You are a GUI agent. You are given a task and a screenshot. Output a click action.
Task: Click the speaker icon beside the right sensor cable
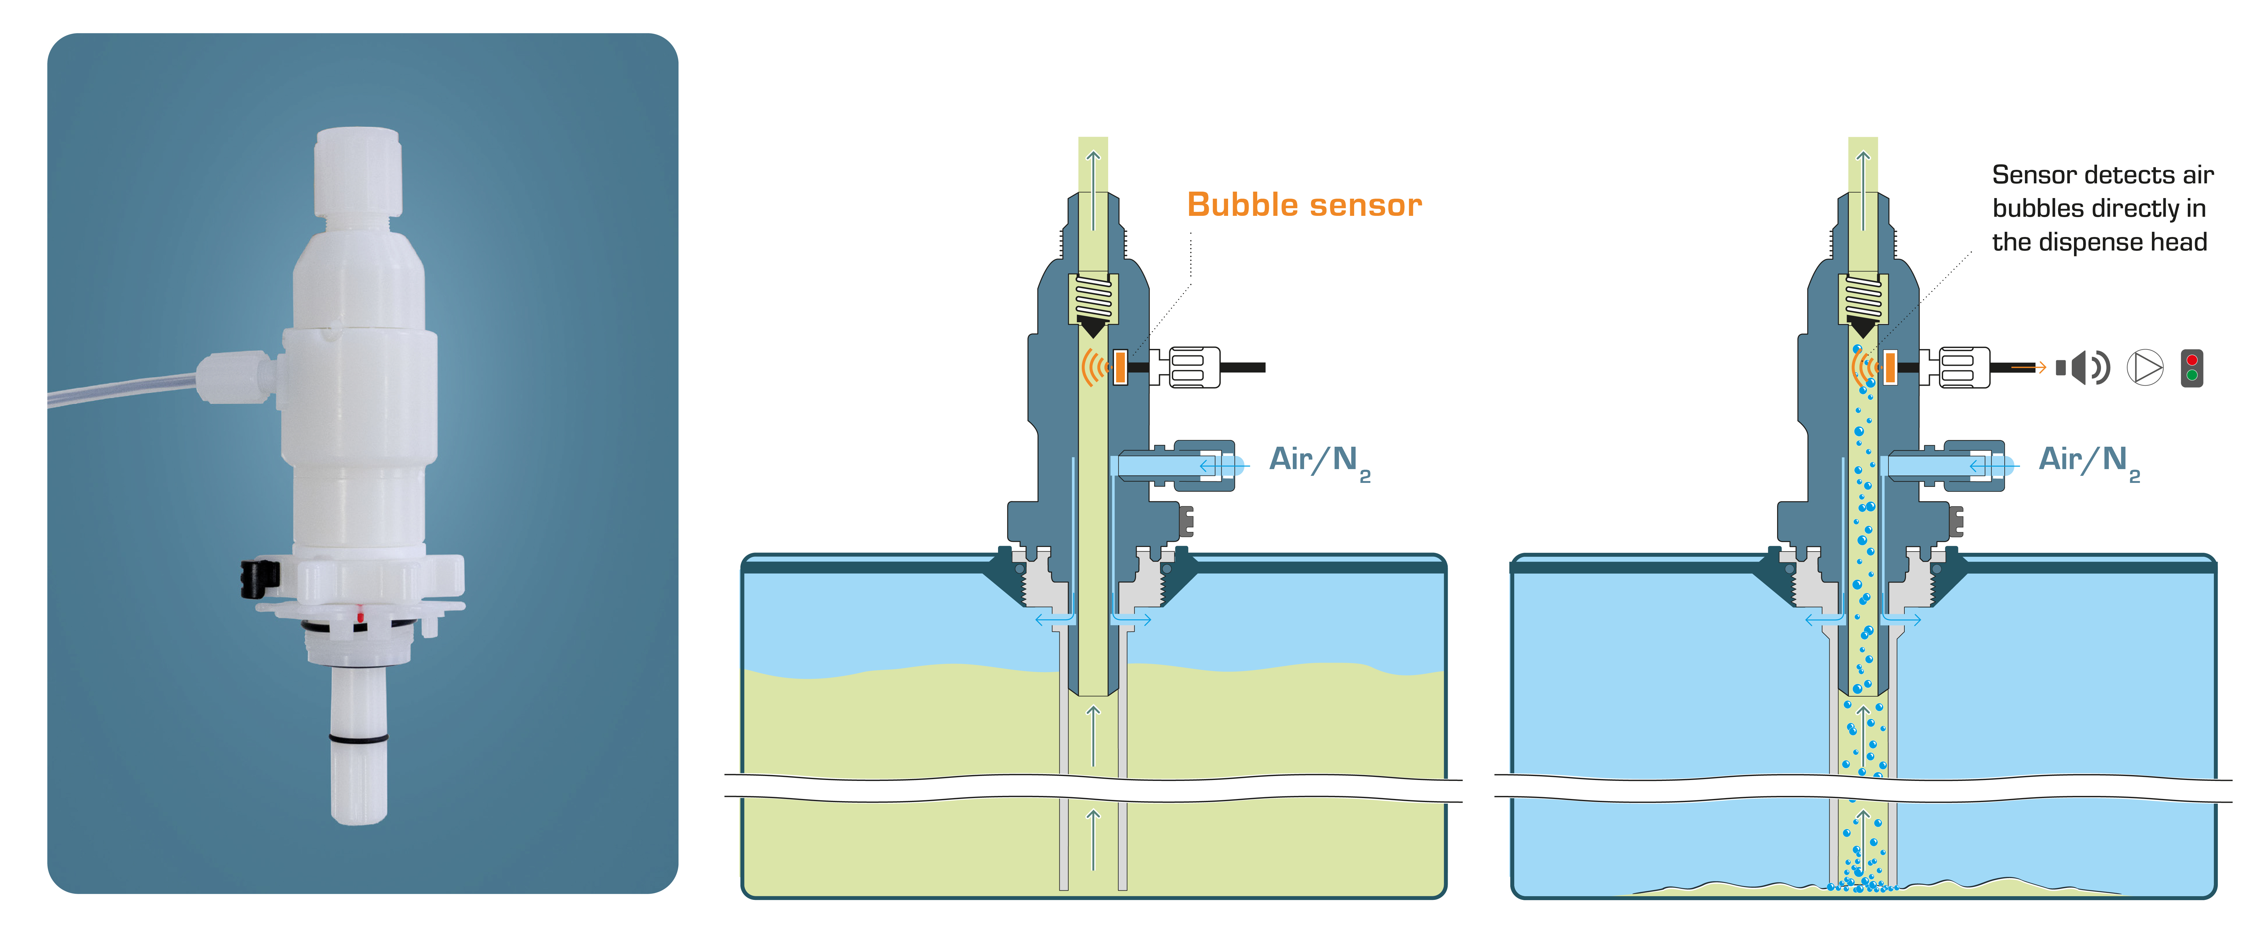pos(2081,368)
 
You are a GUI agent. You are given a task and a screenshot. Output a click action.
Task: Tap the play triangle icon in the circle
pos(2145,368)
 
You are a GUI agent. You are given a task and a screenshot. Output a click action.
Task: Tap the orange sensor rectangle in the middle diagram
pos(1120,368)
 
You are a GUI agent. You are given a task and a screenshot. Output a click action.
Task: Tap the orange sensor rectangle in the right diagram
pos(1889,368)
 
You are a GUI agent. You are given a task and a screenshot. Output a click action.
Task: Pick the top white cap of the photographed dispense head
pos(358,171)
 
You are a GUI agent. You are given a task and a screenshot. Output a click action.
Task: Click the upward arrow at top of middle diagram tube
pos(1093,167)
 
